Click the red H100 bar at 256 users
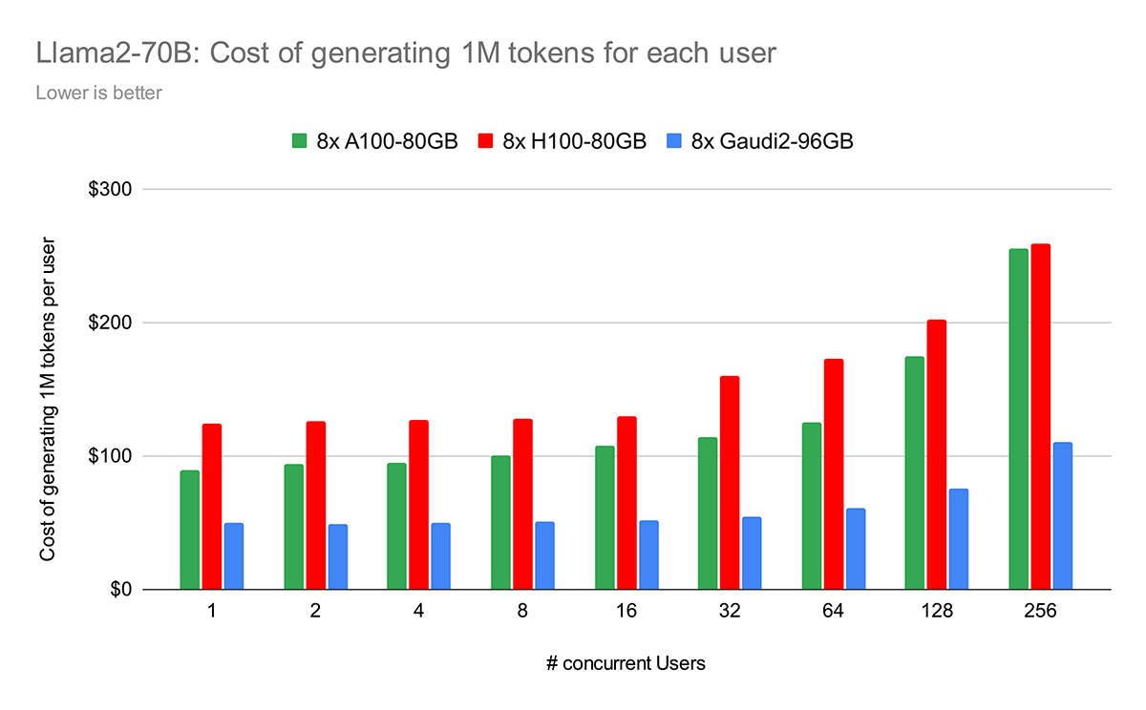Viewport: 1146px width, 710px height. (1040, 417)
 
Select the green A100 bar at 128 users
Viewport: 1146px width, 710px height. (915, 473)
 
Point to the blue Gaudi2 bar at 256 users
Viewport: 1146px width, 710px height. (1063, 516)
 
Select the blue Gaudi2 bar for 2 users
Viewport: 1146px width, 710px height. (338, 556)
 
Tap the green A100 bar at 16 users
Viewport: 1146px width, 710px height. (605, 517)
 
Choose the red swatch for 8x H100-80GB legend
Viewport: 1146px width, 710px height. (486, 141)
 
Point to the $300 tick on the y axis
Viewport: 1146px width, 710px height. (111, 190)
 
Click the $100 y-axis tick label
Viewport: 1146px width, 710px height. (111, 456)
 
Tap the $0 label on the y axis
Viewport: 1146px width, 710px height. (119, 590)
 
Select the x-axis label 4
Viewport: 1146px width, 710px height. (418, 613)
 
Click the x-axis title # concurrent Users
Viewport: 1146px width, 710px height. (626, 663)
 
